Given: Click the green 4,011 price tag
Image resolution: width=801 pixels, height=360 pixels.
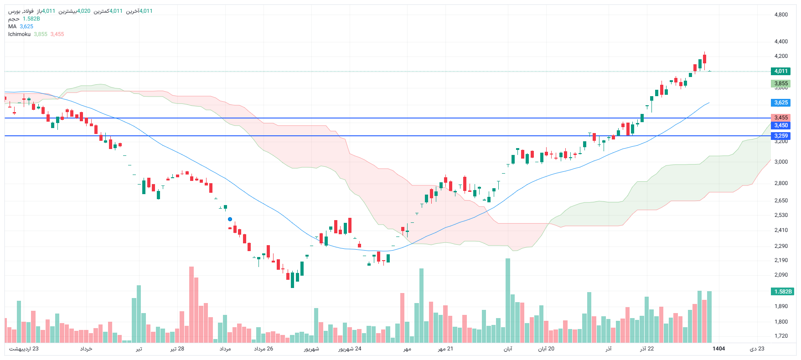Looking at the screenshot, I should [x=780, y=71].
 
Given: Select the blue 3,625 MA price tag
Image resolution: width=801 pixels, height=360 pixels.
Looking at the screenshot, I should [x=780, y=103].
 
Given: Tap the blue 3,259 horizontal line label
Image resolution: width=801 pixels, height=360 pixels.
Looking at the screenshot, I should [x=780, y=136].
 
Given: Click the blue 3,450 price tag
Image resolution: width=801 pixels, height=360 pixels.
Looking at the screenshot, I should [x=780, y=125].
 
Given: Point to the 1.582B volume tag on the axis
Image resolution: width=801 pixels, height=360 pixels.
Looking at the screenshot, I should [x=782, y=292].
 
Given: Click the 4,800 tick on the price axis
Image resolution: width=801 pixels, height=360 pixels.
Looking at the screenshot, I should [x=780, y=15].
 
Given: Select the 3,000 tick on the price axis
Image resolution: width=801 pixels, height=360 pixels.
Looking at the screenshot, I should [x=780, y=162].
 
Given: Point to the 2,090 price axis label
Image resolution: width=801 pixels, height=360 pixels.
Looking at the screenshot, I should [x=780, y=275].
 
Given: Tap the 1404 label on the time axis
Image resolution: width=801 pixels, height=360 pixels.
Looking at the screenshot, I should [x=718, y=349].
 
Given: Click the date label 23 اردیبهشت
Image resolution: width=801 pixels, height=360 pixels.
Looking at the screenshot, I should [x=24, y=349].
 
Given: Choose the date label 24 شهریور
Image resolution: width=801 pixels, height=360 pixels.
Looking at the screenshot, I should [x=350, y=349].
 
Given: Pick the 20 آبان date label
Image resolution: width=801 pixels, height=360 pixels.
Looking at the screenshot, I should [x=546, y=349].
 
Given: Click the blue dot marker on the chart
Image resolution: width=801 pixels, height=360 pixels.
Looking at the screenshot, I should [x=230, y=219].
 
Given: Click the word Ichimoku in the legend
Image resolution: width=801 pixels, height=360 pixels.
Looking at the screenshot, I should [x=19, y=34].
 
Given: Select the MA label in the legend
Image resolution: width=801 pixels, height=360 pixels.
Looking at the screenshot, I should [x=12, y=26].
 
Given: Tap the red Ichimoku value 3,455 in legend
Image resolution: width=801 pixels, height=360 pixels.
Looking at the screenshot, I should [x=57, y=34].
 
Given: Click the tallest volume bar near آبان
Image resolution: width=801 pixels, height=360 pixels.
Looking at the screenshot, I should [x=507, y=301].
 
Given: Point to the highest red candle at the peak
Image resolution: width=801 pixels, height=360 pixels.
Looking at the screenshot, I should [x=704, y=59].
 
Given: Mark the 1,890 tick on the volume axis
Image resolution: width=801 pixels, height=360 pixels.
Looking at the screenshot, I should [x=780, y=306].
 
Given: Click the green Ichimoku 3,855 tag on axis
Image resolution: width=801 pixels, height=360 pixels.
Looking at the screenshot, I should [x=780, y=83].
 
